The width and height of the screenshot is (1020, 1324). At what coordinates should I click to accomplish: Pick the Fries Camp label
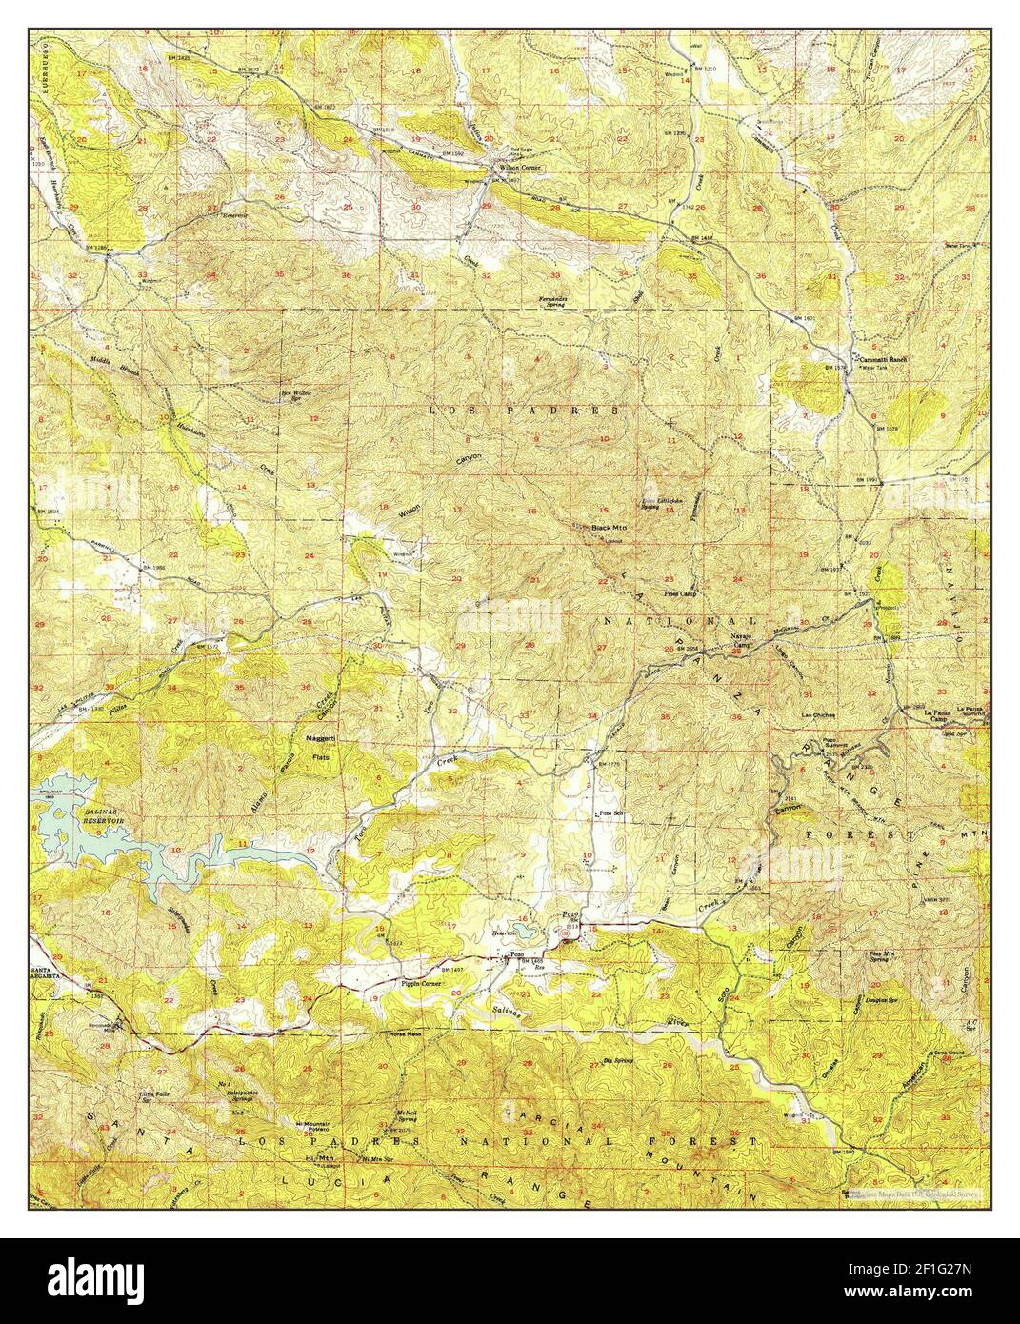(677, 592)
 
